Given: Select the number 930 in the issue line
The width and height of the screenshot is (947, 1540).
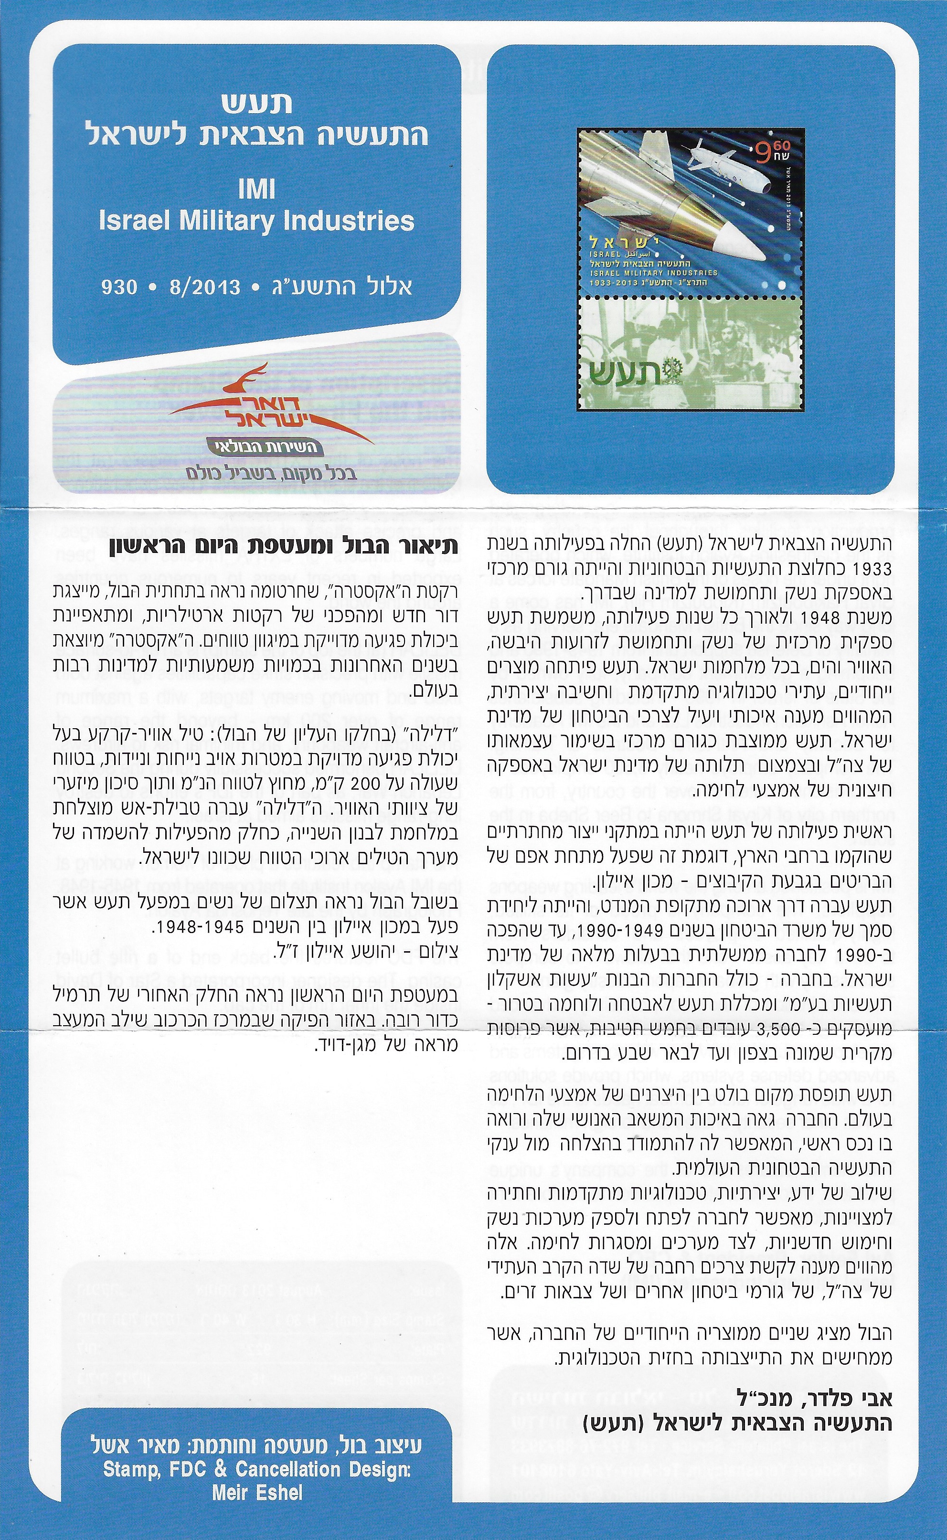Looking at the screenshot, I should (x=119, y=287).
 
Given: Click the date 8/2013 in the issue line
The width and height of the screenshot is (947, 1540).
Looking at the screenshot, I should (x=205, y=287).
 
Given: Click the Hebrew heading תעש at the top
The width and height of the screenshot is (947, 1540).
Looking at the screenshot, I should (x=257, y=103).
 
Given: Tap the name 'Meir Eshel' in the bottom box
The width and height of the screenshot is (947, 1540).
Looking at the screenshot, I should (x=257, y=1505).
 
